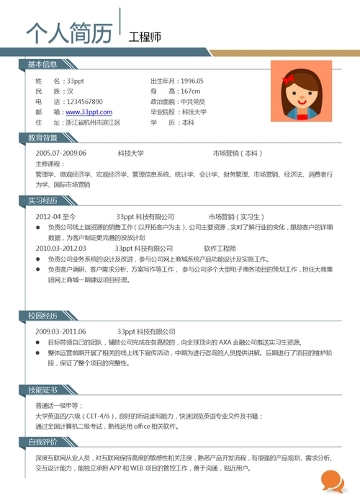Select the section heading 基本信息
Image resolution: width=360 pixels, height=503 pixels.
(x=42, y=65)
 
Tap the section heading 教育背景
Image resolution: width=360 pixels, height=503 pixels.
(x=42, y=137)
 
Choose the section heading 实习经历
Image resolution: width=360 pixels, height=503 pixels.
(x=42, y=200)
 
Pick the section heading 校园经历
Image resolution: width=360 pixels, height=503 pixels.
(x=42, y=316)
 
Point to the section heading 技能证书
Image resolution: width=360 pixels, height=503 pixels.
(x=42, y=389)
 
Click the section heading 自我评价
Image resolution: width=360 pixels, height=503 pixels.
(x=42, y=442)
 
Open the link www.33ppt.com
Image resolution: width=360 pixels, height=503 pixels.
(x=89, y=112)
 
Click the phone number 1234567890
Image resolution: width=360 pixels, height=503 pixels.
(x=84, y=102)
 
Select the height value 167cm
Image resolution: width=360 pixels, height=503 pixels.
(x=190, y=92)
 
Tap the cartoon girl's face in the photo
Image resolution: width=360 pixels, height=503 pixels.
(x=296, y=95)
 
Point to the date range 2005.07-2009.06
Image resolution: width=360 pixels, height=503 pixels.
(x=60, y=153)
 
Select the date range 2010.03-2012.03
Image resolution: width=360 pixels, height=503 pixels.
(x=60, y=248)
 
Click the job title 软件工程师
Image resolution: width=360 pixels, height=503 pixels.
(x=220, y=248)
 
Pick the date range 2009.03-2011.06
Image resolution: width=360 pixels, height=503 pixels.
(x=60, y=331)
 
